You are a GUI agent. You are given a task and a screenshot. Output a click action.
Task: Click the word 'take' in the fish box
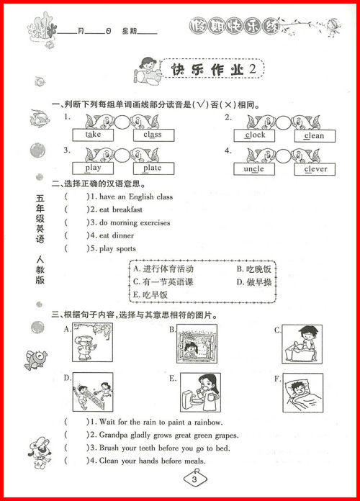pyautogui.click(x=94, y=135)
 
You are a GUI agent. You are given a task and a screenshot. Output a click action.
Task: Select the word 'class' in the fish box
pyautogui.click(x=152, y=135)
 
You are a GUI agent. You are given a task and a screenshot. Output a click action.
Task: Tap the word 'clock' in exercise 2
pyautogui.click(x=255, y=135)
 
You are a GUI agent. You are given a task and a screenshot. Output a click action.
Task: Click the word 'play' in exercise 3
pyautogui.click(x=94, y=168)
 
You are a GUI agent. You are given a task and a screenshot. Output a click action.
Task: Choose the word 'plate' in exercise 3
pyautogui.click(x=152, y=168)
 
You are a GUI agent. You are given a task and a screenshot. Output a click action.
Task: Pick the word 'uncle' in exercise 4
pyautogui.click(x=255, y=169)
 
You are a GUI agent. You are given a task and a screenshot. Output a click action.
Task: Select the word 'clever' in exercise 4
pyautogui.click(x=315, y=169)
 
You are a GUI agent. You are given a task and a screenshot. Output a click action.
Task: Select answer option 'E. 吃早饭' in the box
pyautogui.click(x=150, y=295)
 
